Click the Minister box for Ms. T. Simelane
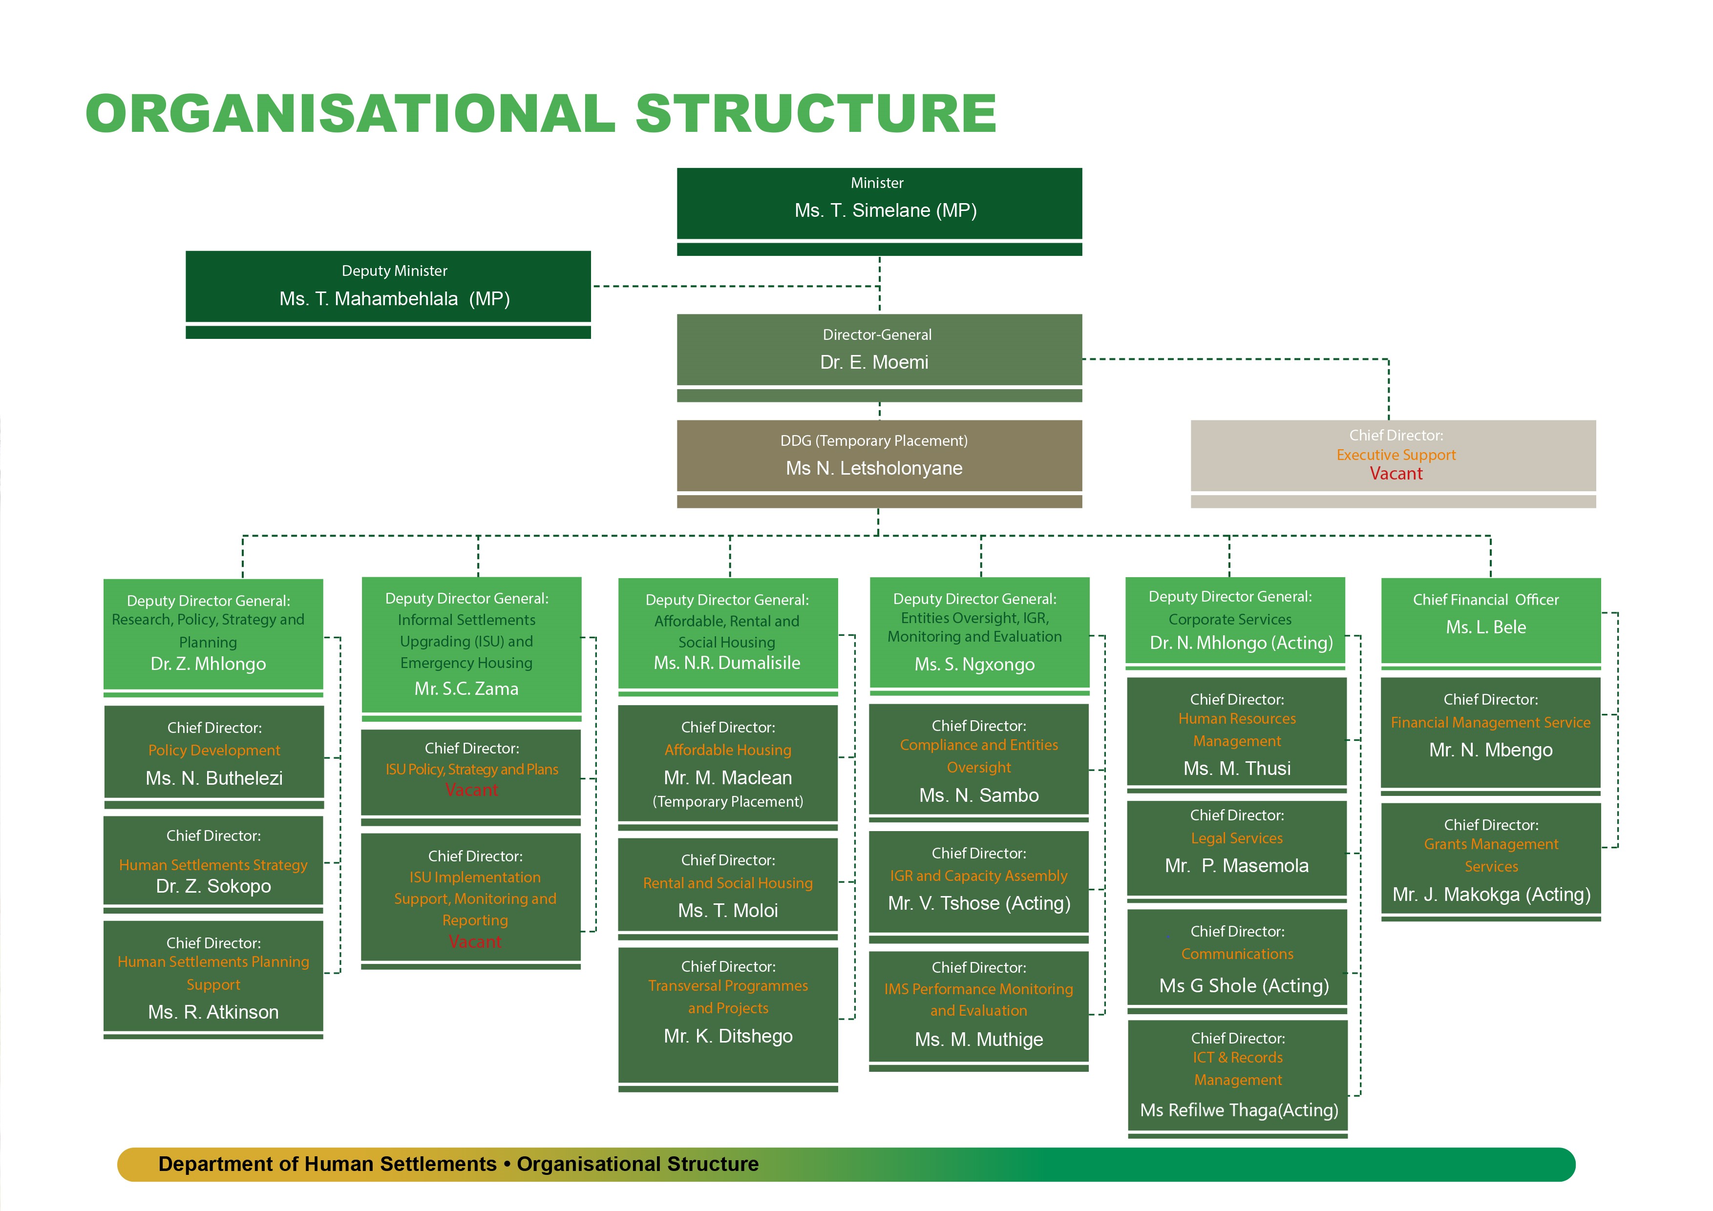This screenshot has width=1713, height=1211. tap(879, 203)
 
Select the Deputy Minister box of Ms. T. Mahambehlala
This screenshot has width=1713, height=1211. tap(388, 287)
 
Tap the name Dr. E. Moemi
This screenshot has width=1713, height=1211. tap(874, 362)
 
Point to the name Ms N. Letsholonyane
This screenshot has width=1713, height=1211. tap(874, 468)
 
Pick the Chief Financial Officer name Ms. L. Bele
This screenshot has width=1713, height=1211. tap(1485, 627)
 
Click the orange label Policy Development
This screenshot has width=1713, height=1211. tap(214, 750)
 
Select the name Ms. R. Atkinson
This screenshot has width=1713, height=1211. tap(213, 1012)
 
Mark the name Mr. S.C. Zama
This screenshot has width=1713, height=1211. tap(466, 689)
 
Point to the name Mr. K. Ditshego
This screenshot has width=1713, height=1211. tap(728, 1036)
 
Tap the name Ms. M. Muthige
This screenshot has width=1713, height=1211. tap(979, 1040)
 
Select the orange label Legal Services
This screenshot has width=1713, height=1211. tap(1236, 838)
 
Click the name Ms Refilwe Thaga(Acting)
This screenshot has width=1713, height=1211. tap(1239, 1110)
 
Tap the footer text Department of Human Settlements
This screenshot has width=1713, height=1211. tap(327, 1164)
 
